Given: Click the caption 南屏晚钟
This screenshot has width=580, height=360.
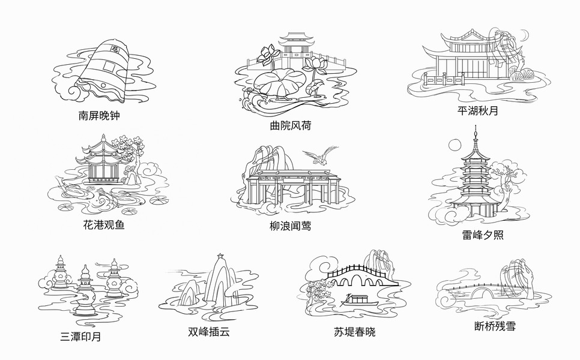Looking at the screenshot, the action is [98, 115].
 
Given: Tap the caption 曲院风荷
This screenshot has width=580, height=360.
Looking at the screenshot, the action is [291, 126].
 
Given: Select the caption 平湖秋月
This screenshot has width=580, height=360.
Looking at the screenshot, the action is [477, 111].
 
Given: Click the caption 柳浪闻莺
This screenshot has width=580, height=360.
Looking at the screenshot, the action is [291, 226].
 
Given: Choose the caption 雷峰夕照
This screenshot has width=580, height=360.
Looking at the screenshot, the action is [483, 235].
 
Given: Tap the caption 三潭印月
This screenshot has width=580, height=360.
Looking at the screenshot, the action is [81, 337].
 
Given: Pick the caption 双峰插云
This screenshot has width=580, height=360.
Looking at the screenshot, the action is [209, 331].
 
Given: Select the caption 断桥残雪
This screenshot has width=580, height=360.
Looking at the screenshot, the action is [495, 326].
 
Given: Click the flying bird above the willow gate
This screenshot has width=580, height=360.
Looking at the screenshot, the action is [320, 156].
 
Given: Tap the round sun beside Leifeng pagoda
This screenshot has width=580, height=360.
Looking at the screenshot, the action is [454, 146].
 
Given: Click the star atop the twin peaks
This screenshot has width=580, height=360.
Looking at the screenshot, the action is [220, 256].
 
